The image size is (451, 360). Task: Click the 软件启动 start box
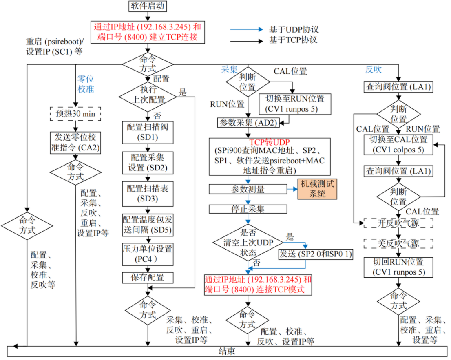point(148,7)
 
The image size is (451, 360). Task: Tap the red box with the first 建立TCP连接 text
point(147,32)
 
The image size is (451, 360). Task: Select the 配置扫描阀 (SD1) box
point(148,132)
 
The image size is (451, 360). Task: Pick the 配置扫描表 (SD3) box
point(148,194)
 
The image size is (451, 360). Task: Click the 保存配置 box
point(148,278)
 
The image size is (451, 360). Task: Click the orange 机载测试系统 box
point(317,189)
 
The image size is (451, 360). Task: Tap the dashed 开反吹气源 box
point(398,223)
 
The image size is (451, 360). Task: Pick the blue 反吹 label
point(373,70)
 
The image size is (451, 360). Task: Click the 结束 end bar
point(227,351)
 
